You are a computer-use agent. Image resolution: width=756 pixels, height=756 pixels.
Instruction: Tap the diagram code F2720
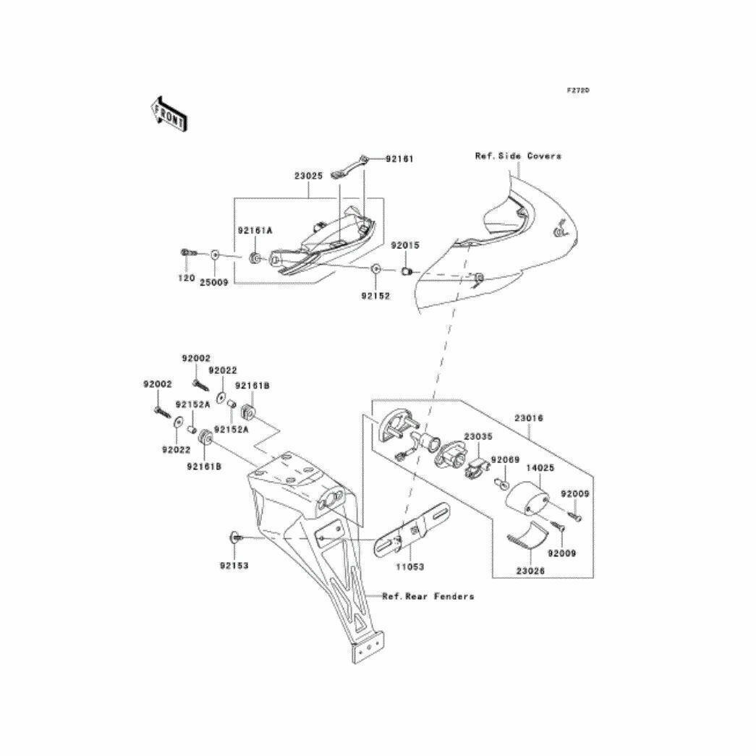point(577,90)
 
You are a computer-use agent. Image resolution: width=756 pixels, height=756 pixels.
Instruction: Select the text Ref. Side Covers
point(517,156)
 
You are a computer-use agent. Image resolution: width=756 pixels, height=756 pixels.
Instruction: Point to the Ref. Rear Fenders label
point(428,596)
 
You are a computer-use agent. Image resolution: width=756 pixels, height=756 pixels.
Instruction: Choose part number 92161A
point(255,231)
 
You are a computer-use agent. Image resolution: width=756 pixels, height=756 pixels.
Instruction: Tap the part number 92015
point(405,245)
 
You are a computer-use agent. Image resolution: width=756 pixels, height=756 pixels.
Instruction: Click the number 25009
point(213,282)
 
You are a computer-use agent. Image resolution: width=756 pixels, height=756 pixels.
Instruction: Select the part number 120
point(187,279)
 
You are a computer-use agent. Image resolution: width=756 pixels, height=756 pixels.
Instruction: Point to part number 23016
point(529,418)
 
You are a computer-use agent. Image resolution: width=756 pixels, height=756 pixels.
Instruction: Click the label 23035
point(477,437)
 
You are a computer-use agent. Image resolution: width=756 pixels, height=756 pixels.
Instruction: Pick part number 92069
point(505,460)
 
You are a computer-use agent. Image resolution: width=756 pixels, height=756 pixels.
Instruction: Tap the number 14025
point(540,468)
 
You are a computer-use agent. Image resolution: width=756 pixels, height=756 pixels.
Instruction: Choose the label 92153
point(234,565)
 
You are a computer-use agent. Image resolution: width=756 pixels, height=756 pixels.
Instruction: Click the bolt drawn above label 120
point(187,252)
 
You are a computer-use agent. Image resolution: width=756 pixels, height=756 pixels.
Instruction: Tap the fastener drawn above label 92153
point(236,538)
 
